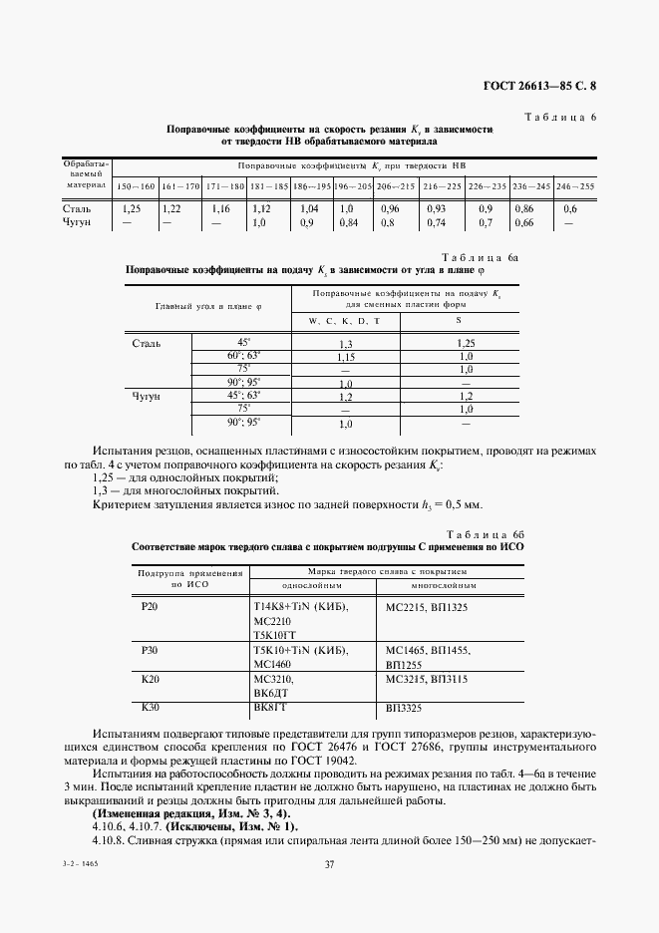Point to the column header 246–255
[574, 186]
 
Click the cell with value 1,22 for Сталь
[171, 209]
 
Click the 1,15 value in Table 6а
[346, 357]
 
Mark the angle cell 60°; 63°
[243, 355]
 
